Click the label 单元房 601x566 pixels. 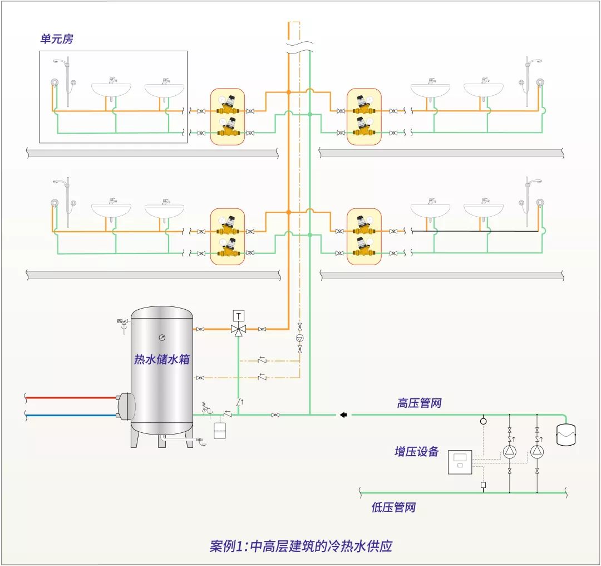tap(56, 40)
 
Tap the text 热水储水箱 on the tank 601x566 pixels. tap(161, 359)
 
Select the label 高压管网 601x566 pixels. tap(419, 403)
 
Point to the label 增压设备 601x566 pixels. tap(417, 451)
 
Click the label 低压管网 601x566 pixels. tap(393, 508)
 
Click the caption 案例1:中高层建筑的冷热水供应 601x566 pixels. tap(300, 545)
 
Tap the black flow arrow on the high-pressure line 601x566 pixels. tap(343, 414)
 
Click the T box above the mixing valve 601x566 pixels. tap(239, 316)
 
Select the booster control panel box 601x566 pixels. tap(460, 462)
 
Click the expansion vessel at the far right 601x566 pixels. tap(566, 433)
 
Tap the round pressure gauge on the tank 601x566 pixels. tap(161, 336)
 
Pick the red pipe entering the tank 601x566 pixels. tap(70, 398)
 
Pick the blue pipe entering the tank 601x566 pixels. tap(70, 415)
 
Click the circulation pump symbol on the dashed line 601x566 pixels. tap(300, 338)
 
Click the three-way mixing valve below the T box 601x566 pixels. tap(239, 329)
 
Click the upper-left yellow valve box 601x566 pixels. tap(228, 117)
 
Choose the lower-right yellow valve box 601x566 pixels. tap(364, 237)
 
